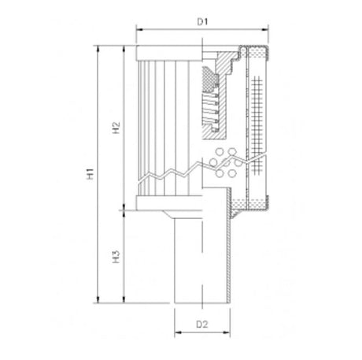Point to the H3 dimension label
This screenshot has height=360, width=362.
click(115, 256)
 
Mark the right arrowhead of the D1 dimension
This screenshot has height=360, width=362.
click(268, 32)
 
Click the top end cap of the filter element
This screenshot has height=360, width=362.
click(169, 54)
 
